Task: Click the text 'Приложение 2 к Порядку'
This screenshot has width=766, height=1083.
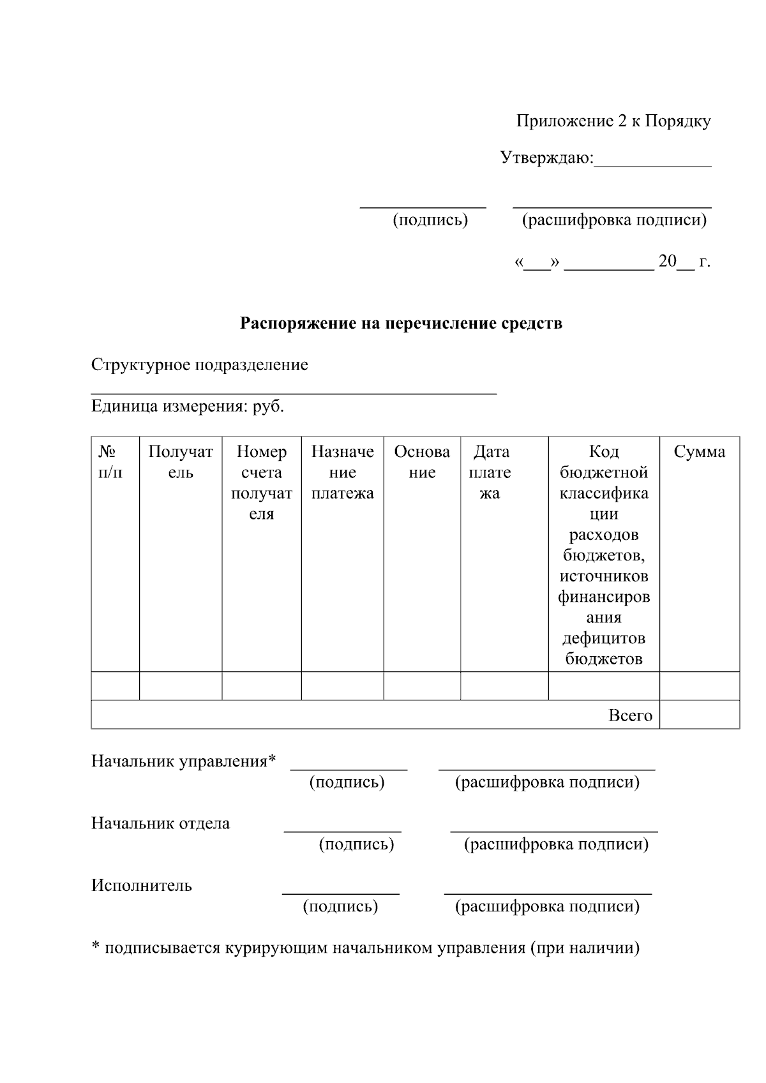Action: (613, 121)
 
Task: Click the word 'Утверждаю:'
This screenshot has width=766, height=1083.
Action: (547, 158)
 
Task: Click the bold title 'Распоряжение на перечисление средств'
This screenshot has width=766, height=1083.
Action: (401, 324)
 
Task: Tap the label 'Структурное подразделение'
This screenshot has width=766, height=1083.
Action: (199, 365)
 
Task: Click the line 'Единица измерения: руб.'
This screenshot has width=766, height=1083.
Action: (187, 407)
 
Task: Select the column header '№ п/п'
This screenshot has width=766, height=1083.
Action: (110, 462)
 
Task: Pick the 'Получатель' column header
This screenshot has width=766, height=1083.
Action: (181, 462)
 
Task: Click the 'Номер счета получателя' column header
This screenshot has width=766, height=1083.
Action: (262, 482)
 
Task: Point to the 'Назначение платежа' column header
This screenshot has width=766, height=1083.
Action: (342, 472)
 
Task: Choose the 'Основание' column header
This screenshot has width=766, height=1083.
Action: (422, 462)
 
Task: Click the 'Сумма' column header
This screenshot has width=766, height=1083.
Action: (700, 452)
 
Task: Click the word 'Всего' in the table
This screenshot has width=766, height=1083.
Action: (630, 715)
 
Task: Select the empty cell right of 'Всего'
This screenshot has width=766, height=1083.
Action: (700, 715)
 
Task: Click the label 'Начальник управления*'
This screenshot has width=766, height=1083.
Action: (184, 761)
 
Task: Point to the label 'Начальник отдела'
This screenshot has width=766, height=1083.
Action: (160, 823)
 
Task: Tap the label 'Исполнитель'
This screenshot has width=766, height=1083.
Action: (141, 886)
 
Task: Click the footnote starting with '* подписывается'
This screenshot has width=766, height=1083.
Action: (365, 948)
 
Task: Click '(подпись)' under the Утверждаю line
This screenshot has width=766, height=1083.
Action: (430, 220)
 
